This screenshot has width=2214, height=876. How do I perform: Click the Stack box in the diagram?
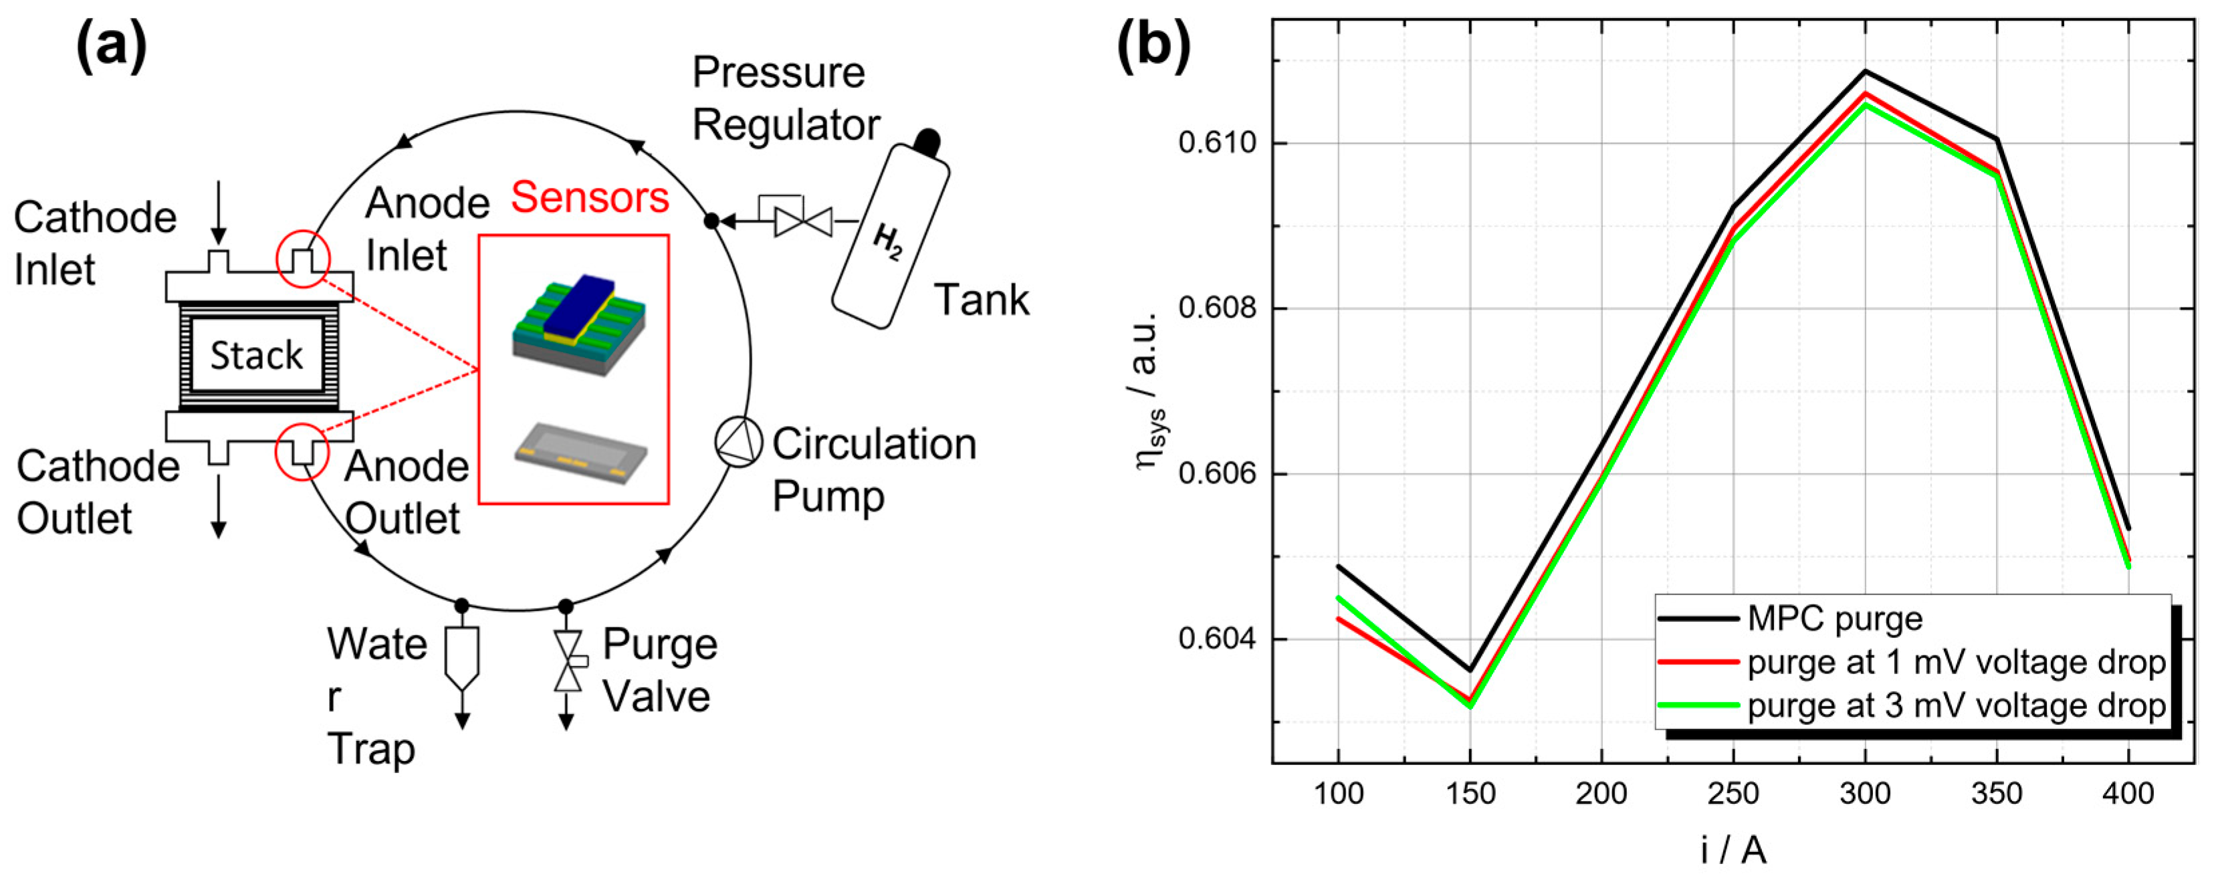[x=257, y=354]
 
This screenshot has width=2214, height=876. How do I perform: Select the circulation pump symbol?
[x=738, y=442]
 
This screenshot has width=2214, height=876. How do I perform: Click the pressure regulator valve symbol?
[x=802, y=221]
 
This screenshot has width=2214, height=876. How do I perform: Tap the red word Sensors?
[x=590, y=198]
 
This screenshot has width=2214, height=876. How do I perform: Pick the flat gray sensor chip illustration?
[x=581, y=452]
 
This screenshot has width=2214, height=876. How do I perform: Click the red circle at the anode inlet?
[x=302, y=258]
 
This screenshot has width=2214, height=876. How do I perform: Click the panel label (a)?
[x=111, y=45]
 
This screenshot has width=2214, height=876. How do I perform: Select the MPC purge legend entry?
[x=1834, y=618]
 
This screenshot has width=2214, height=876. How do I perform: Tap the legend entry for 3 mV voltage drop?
[x=1955, y=705]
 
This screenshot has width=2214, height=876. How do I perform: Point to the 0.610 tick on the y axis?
[x=1215, y=142]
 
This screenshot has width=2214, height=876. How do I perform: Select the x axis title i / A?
[x=1733, y=849]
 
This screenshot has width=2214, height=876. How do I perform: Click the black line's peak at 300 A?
[x=1865, y=72]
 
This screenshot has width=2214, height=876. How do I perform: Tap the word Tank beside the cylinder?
[x=981, y=300]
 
